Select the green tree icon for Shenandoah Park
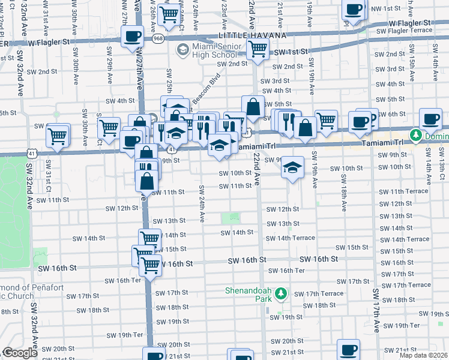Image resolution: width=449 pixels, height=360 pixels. point(280,294)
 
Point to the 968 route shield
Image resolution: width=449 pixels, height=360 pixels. point(158,38)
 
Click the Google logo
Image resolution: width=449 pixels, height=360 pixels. point(20,353)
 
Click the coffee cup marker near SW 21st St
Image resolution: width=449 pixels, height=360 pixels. point(348,349)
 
